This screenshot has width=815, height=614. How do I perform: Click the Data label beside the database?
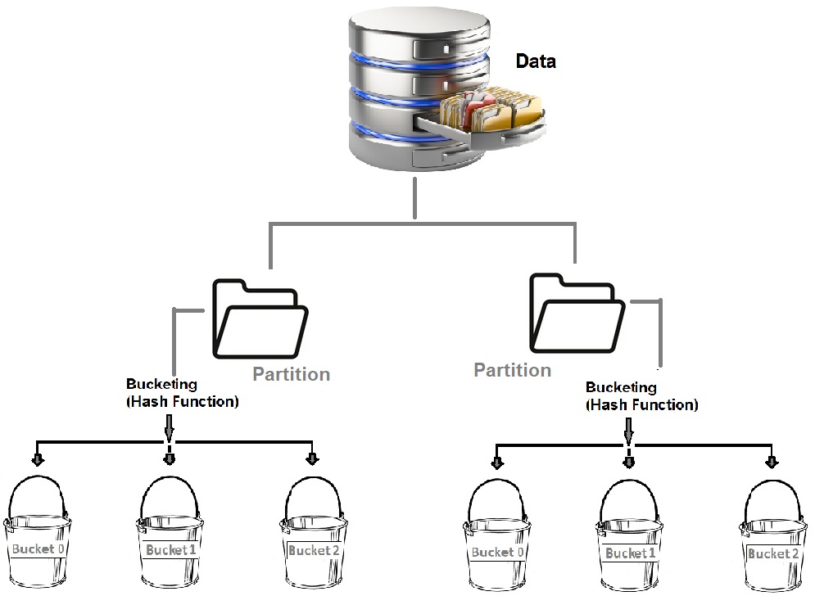[536, 61]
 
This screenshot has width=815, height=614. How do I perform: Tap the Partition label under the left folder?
[291, 374]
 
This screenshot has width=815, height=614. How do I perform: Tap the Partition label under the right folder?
[513, 370]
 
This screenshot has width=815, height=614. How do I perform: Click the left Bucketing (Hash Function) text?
[182, 393]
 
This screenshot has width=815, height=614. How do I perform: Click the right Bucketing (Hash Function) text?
[642, 396]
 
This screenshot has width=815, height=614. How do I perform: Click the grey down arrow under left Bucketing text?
[170, 427]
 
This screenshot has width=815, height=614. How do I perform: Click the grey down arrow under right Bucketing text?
[629, 430]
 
